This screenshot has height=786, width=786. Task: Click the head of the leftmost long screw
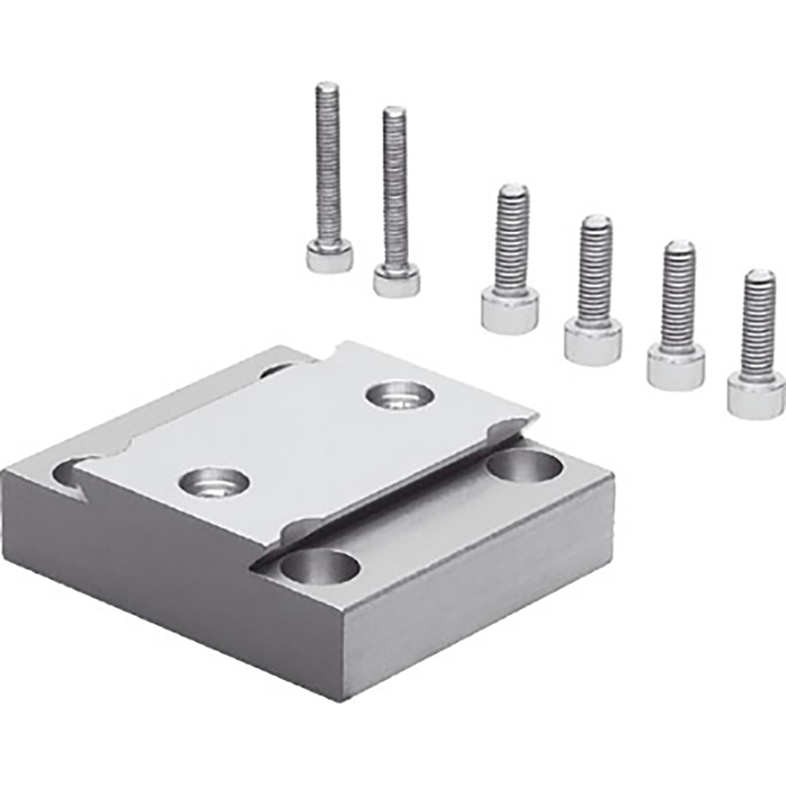(x=329, y=256)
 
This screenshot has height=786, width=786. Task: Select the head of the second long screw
(x=396, y=280)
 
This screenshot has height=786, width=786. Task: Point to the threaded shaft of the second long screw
(x=395, y=187)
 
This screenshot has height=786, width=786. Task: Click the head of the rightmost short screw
(x=756, y=395)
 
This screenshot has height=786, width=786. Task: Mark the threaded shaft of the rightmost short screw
(x=758, y=324)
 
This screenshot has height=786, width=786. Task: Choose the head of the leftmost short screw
(x=510, y=311)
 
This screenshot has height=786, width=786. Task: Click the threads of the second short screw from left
(x=594, y=269)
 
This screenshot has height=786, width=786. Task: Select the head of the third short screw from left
(x=676, y=367)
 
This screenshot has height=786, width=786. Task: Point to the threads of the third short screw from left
(x=678, y=295)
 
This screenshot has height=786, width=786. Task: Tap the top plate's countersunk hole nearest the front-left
(x=215, y=481)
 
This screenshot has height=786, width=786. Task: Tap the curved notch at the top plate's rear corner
(x=339, y=350)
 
